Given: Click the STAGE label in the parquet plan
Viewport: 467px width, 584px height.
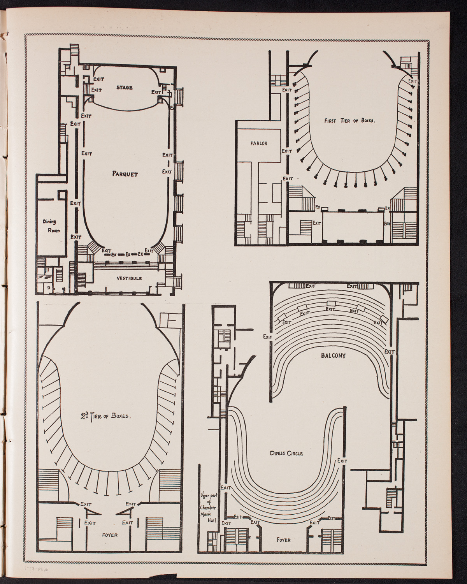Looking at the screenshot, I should click(125, 88).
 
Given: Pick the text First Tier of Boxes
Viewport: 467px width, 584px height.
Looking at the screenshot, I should click(349, 121).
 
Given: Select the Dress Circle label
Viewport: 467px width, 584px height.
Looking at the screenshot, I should click(286, 453).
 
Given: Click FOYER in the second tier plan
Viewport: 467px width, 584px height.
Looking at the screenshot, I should click(109, 535).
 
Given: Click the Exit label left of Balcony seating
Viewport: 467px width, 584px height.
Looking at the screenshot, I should click(267, 336).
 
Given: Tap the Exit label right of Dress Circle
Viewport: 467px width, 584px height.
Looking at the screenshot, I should click(342, 460).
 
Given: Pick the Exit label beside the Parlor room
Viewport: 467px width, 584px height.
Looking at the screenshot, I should click(287, 151).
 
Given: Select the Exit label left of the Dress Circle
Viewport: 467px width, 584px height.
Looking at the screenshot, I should click(226, 487).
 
